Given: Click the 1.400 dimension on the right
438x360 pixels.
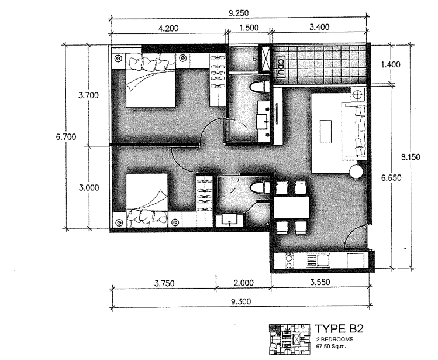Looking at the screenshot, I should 391,64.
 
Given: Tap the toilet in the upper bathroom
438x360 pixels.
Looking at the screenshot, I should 257,88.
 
